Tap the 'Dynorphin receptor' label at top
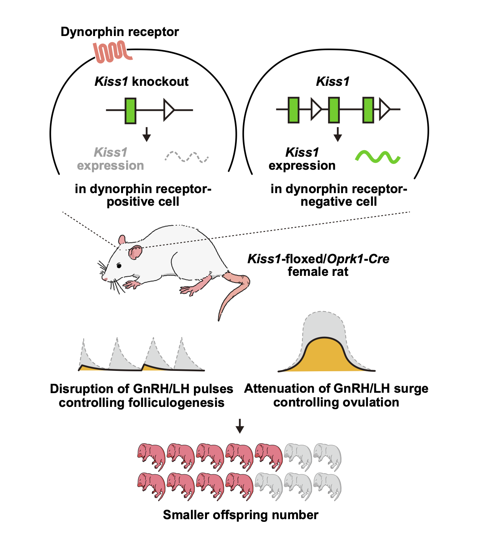point(120,31)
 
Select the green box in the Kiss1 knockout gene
point(131,110)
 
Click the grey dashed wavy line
point(187,157)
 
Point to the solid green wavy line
point(378,157)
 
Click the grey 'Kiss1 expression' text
point(110,159)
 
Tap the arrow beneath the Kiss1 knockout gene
point(146,134)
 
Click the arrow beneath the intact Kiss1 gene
point(338,134)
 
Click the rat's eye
point(119,266)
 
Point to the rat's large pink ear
point(135,252)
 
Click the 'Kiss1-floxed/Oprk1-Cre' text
point(318,259)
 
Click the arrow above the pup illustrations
point(240,426)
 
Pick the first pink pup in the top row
point(151,456)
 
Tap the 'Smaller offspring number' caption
point(240,515)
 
